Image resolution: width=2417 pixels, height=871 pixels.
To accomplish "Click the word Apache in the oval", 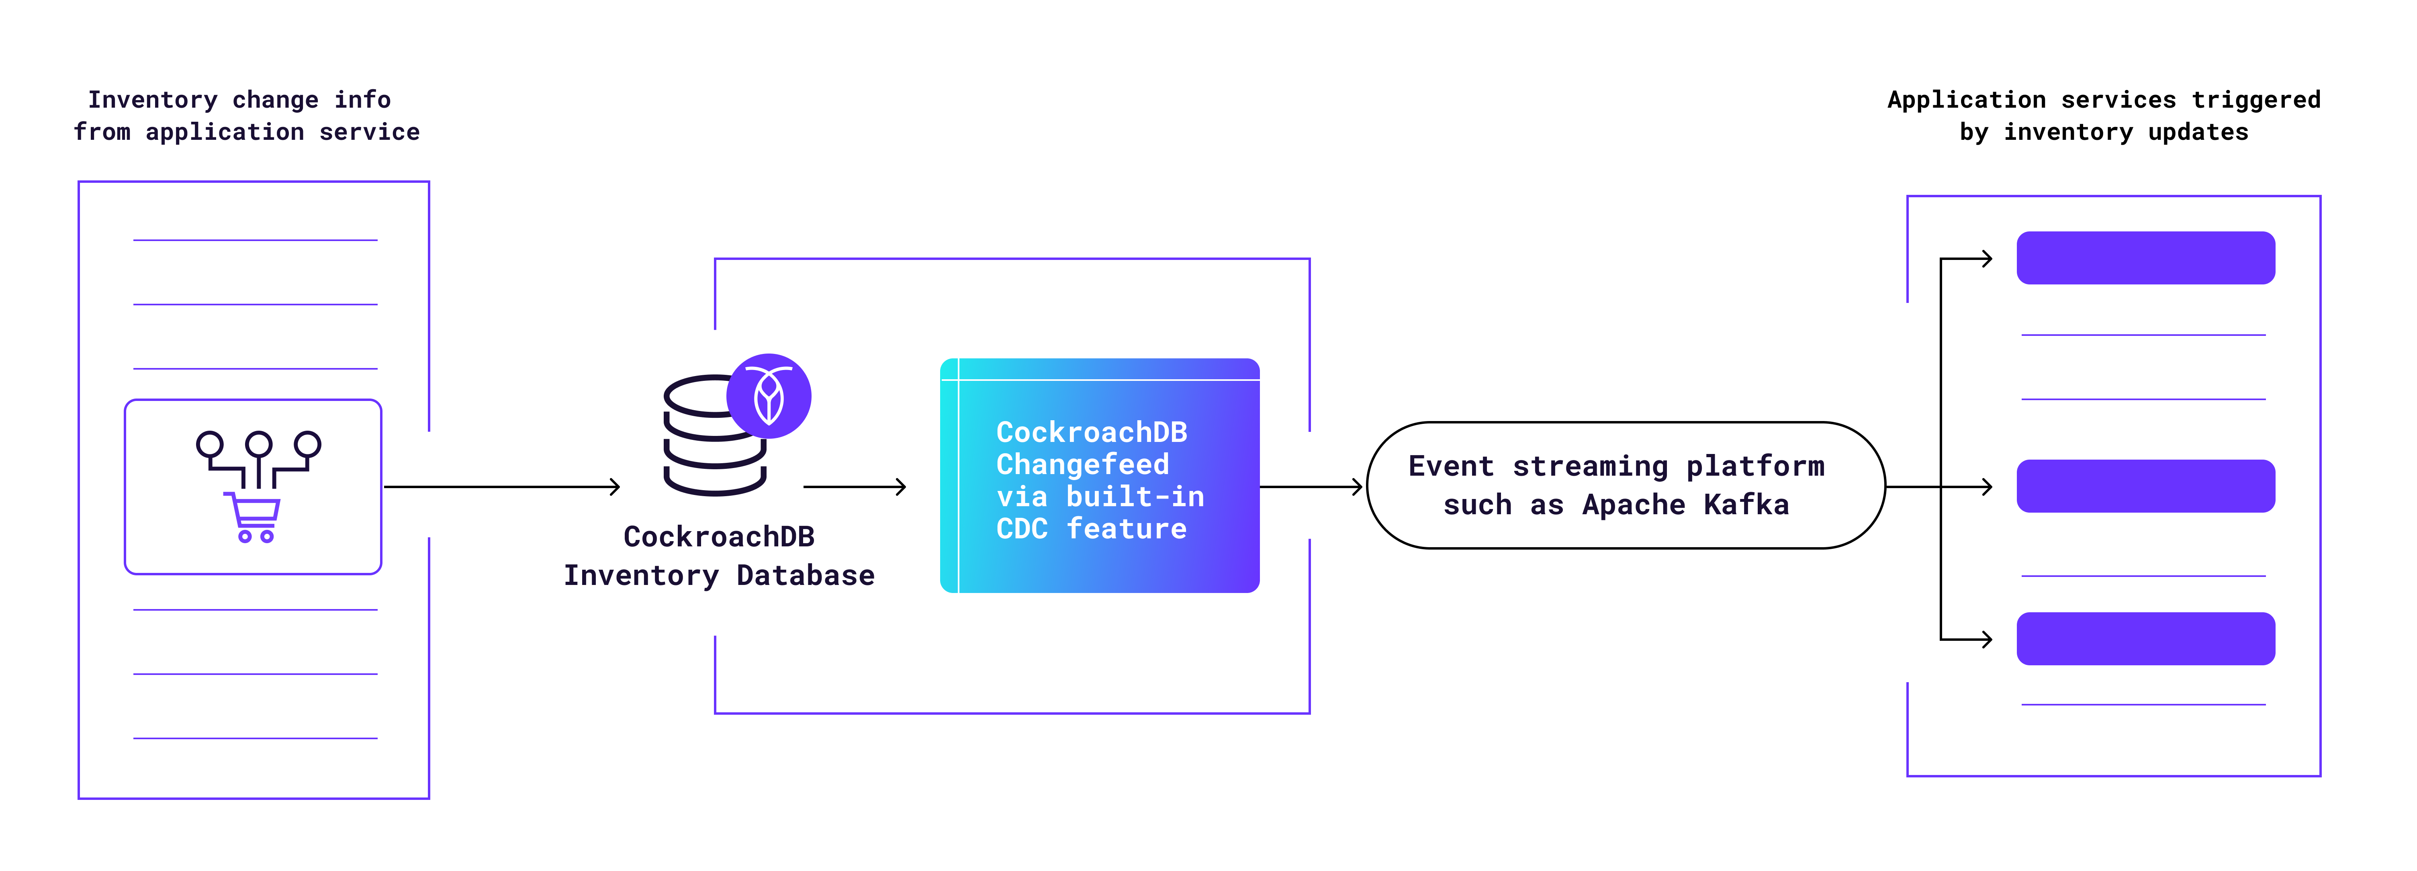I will (1633, 505).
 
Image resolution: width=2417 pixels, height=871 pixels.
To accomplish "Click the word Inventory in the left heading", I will (152, 100).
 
